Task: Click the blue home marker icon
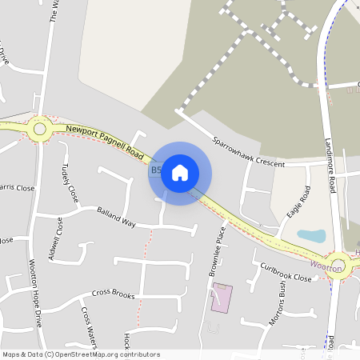coord(180,173)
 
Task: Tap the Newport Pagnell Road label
coord(104,139)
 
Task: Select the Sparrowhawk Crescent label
coord(248,151)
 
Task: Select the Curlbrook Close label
coord(286,271)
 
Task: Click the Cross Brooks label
coord(113,294)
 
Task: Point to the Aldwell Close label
coord(54,253)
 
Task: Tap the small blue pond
coord(311,236)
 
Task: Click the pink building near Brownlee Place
coord(220,298)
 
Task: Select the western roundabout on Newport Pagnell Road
coord(38,127)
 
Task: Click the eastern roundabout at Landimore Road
coord(339,263)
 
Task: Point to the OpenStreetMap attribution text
coord(81,354)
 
